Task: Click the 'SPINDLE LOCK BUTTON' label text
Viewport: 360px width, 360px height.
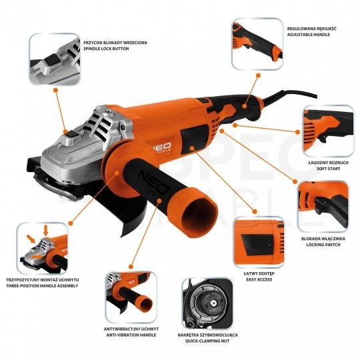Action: pos(106,49)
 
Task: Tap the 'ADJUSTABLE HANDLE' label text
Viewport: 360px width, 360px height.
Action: pos(309,35)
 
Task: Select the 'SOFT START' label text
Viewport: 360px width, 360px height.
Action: pos(328,169)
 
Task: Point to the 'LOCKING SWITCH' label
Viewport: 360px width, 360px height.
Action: pos(323,245)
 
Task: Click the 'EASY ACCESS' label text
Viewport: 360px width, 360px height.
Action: pos(259,279)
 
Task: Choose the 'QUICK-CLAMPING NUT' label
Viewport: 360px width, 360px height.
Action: pos(207,341)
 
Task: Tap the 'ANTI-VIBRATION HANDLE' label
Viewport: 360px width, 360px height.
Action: pos(131,335)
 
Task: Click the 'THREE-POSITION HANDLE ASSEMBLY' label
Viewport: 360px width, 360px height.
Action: pos(42,286)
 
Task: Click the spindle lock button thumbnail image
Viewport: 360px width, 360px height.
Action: pos(55,59)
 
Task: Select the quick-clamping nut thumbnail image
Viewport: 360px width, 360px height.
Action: pos(207,303)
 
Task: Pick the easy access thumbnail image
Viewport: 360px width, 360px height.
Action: pos(259,242)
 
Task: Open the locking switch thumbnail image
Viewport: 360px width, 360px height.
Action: pos(323,207)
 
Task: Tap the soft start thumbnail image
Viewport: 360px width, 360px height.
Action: pos(328,131)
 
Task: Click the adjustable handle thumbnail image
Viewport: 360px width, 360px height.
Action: pos(257,44)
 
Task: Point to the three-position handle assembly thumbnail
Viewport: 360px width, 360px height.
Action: pos(42,249)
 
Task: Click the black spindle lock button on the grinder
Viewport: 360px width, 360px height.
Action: pos(72,133)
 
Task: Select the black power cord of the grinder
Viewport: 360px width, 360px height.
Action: pos(290,97)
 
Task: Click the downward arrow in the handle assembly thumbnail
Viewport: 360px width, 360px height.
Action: pos(46,230)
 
